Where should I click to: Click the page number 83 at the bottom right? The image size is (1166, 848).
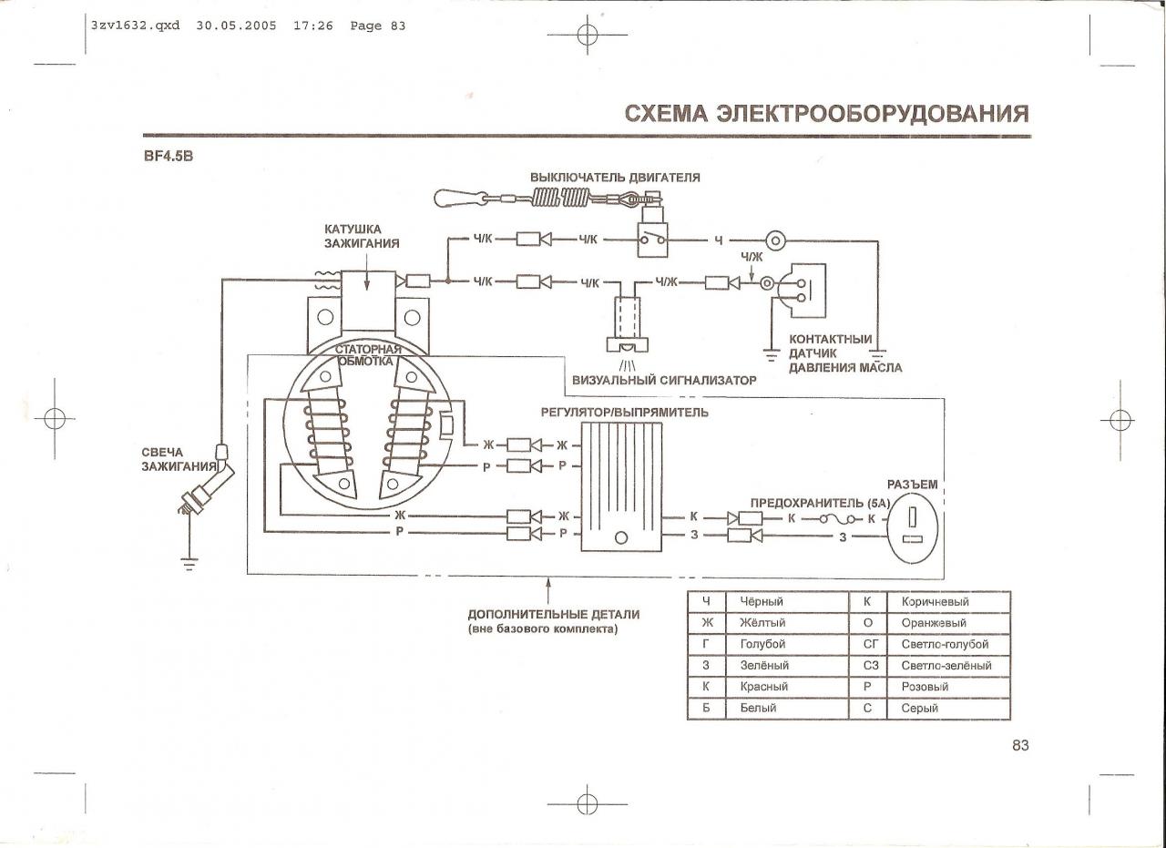pos(1019,745)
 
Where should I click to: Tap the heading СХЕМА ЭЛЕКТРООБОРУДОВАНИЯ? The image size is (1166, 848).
pos(826,114)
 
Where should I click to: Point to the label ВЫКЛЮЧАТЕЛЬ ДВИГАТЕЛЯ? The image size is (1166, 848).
pos(615,177)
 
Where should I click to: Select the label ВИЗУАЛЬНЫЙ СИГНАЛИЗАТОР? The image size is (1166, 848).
pos(664,380)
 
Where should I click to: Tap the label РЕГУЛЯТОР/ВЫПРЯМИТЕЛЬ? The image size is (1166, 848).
pos(624,413)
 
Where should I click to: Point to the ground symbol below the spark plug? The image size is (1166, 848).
pos(189,562)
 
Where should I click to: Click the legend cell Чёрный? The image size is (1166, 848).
pos(762,602)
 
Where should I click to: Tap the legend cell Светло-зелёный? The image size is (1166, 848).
pos(946,666)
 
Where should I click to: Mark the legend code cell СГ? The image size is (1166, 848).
pos(868,645)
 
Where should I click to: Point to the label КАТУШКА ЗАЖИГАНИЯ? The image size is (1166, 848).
pos(362,236)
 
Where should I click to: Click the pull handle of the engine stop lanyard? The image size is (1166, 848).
pos(455,196)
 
